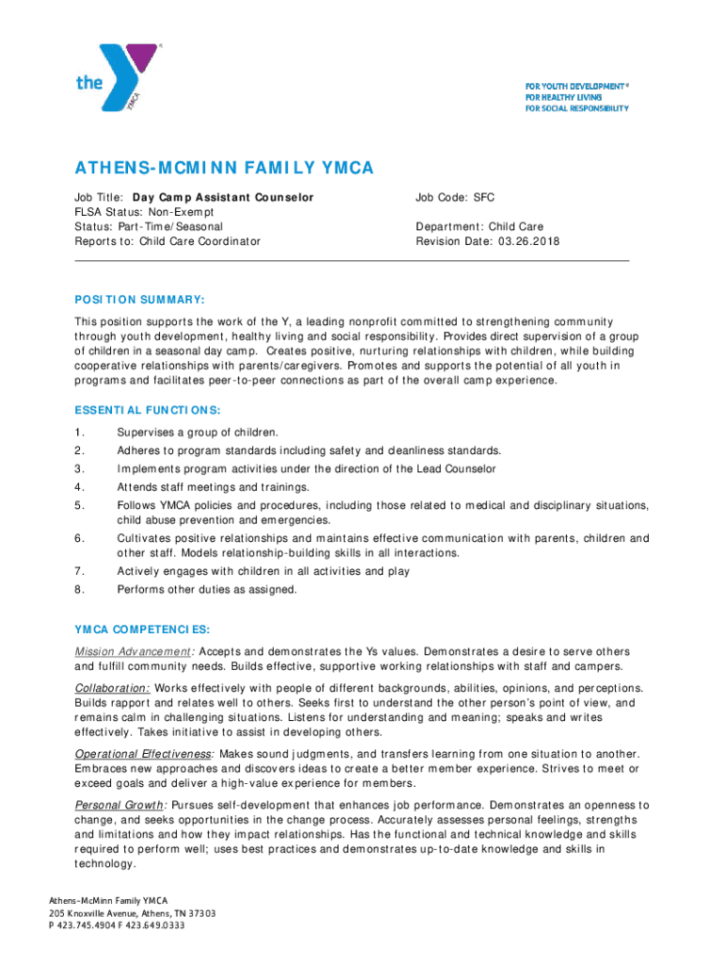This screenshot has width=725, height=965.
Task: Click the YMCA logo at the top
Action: [117, 76]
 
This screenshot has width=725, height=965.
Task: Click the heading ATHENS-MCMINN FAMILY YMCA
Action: [224, 169]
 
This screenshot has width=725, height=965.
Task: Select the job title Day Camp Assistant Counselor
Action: [223, 198]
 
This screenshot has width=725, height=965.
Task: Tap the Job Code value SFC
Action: [481, 198]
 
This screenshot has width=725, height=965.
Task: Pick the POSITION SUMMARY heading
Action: [139, 300]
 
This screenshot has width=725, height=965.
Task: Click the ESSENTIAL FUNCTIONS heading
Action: [148, 410]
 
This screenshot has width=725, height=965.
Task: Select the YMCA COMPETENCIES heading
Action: [142, 630]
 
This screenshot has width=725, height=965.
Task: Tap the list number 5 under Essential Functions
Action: [79, 506]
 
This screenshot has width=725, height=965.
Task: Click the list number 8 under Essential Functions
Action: [79, 590]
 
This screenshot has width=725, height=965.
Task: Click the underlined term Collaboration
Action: [112, 689]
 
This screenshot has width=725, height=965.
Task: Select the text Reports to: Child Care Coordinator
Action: [168, 241]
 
